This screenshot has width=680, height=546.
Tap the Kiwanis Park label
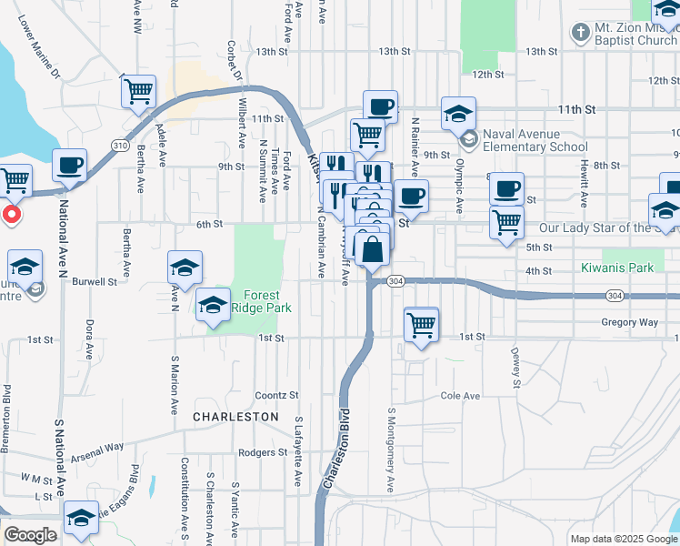617,268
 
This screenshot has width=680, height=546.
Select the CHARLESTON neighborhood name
235,416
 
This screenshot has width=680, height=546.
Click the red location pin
11,215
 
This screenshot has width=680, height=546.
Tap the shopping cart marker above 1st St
421,325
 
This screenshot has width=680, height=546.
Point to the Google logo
30,535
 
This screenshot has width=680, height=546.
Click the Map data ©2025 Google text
623,539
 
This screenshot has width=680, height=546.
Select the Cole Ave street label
459,396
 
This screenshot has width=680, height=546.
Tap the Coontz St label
276,395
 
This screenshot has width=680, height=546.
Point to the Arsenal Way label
99,448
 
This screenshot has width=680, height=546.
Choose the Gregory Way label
628,322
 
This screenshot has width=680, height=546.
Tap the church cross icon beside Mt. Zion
580,34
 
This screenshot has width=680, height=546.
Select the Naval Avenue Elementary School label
535,139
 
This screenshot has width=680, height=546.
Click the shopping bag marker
373,248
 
